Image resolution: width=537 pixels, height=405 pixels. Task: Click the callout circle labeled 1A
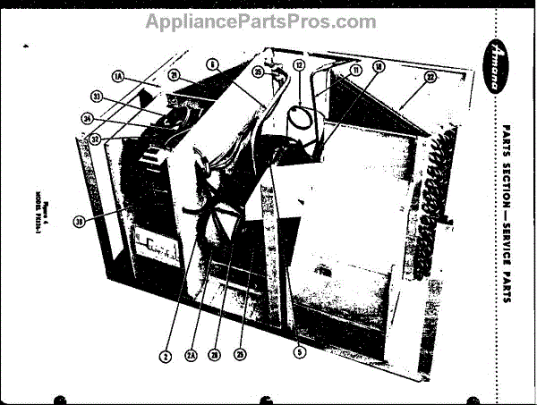pyautogui.click(x=119, y=79)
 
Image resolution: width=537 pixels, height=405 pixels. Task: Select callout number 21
pyautogui.click(x=175, y=75)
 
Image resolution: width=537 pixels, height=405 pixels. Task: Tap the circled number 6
pyautogui.click(x=212, y=63)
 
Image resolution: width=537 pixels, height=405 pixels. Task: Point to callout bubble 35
pyautogui.click(x=257, y=72)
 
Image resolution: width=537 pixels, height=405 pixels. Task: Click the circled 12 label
pyautogui.click(x=300, y=65)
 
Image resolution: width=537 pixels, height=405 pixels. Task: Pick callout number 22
pyautogui.click(x=430, y=78)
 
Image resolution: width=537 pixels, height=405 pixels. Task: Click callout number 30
pyautogui.click(x=81, y=223)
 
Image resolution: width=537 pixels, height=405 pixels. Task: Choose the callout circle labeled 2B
pyautogui.click(x=215, y=354)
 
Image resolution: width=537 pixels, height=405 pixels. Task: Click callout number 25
pyautogui.click(x=239, y=354)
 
